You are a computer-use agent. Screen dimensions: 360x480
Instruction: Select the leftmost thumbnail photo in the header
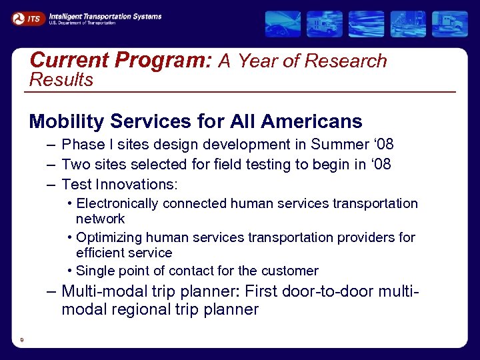pos(283,24)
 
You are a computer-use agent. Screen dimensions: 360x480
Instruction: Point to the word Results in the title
pos(61,80)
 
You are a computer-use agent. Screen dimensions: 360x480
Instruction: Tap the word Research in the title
pos(345,61)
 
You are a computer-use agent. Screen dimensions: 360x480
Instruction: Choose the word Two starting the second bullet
pos(74,164)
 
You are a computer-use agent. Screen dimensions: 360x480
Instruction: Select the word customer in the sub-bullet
pos(289,271)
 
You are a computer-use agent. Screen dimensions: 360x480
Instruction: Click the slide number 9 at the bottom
pos(22,341)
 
